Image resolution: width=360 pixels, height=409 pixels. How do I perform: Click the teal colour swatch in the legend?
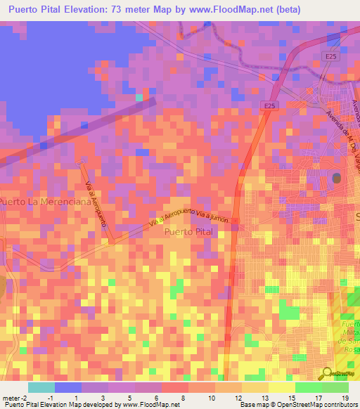[x=41, y=387]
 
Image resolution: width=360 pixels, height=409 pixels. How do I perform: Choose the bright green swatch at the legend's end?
[x=335, y=387]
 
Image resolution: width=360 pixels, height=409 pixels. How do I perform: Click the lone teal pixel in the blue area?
[x=139, y=97]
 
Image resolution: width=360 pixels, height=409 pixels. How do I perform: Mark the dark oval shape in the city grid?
[x=337, y=178]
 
